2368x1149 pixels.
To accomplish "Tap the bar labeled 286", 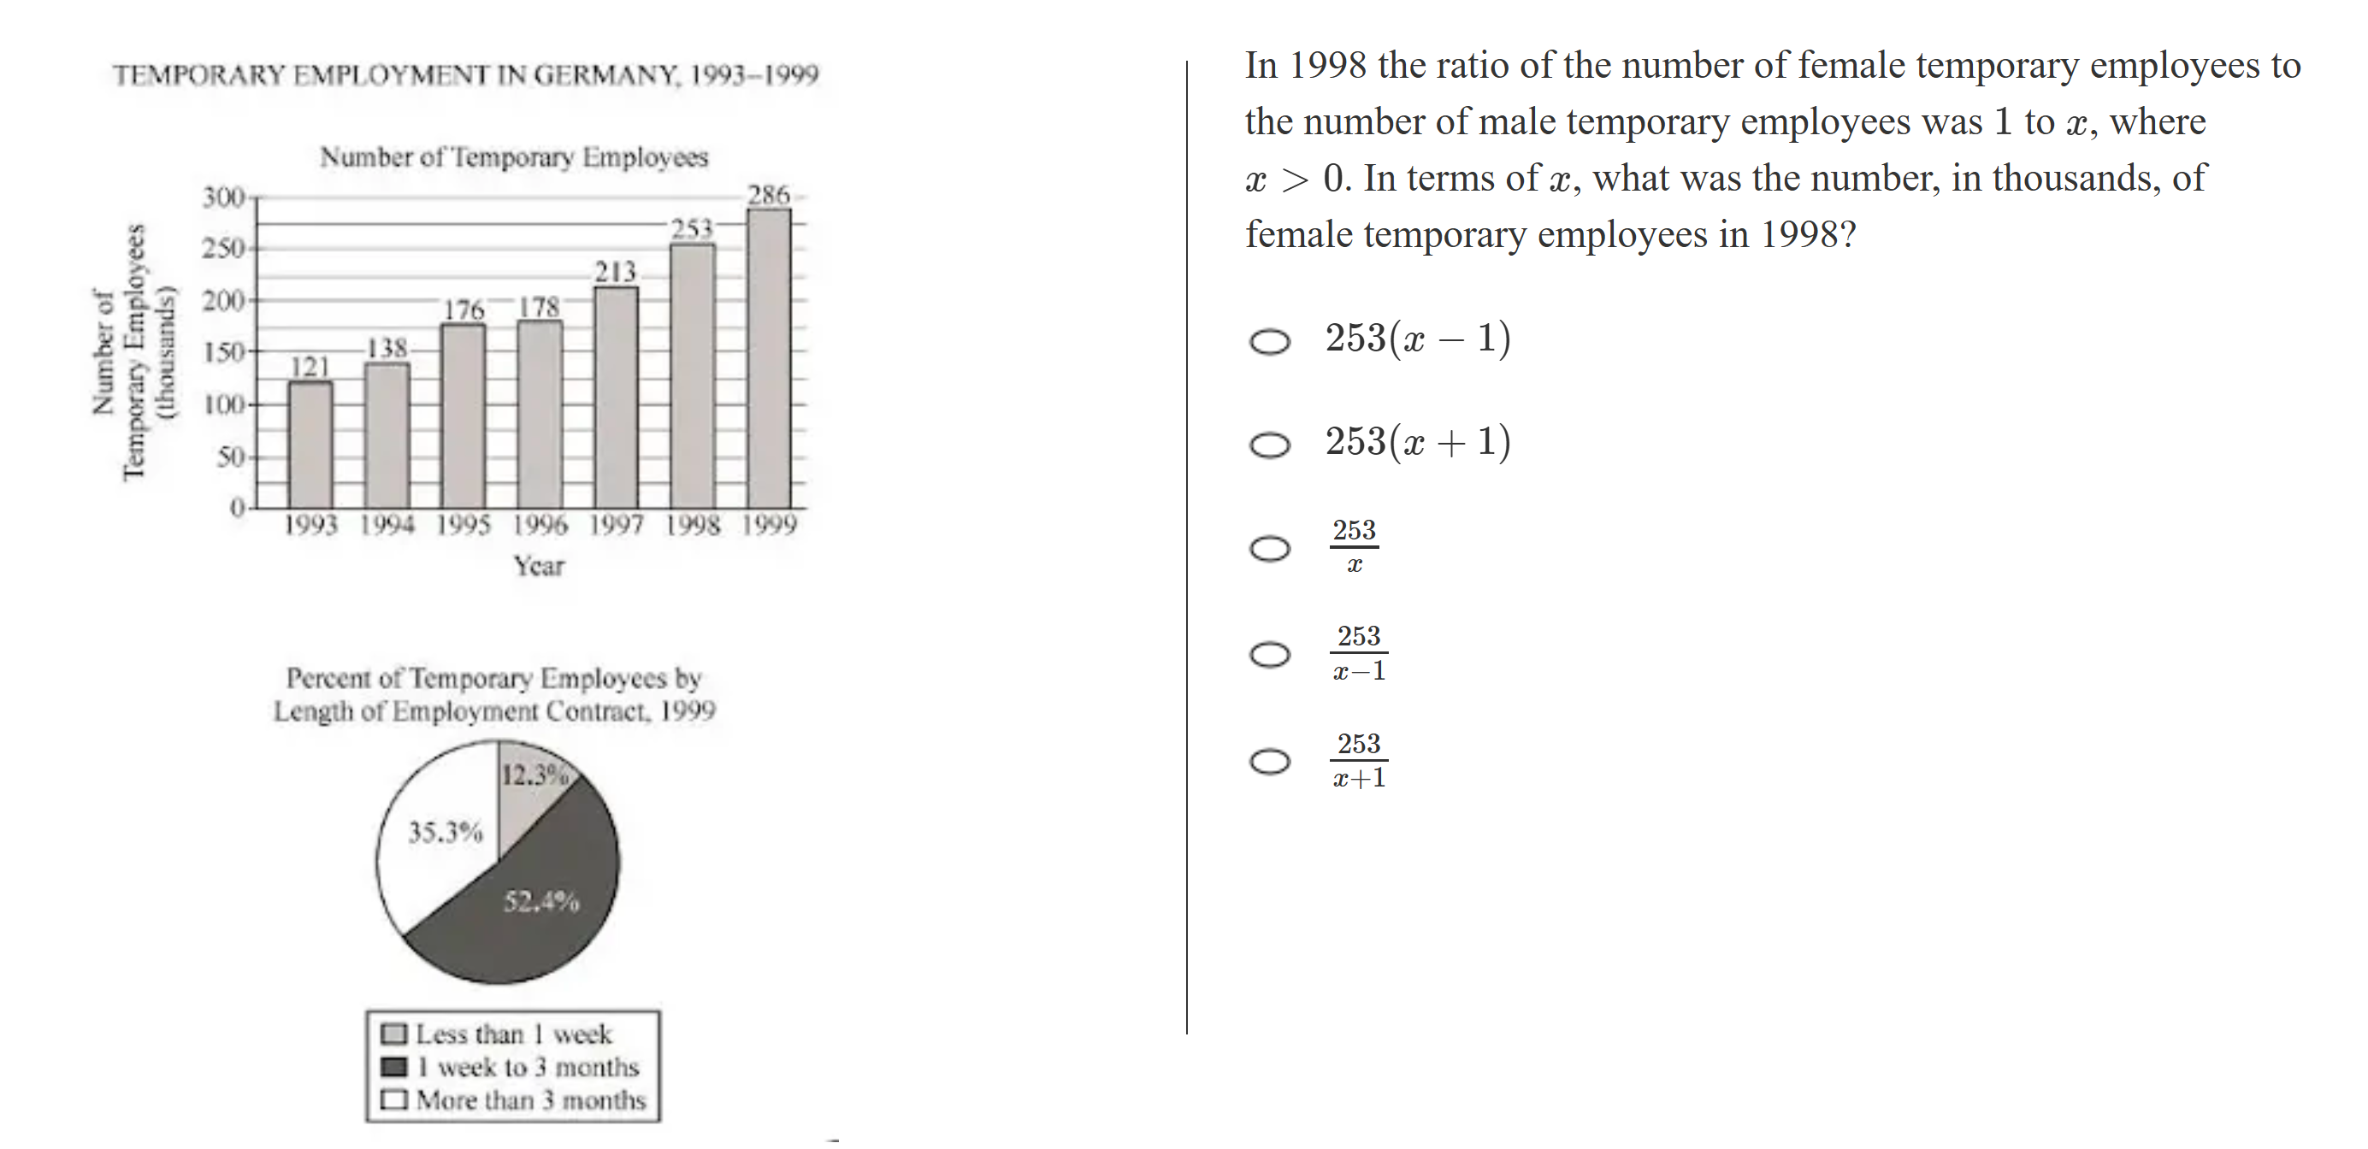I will [769, 358].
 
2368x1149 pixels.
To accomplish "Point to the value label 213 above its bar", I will [615, 272].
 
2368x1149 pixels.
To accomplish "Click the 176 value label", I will [464, 309].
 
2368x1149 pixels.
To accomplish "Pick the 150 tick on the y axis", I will [223, 352].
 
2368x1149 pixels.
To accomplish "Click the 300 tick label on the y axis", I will [223, 197].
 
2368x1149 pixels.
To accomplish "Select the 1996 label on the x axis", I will [540, 525].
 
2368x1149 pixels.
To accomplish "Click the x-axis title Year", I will [539, 566].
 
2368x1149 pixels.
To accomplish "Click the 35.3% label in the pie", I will [445, 833].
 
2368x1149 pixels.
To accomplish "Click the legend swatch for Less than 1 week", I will [393, 1034].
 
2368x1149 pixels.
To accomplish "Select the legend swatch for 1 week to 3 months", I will [393, 1067].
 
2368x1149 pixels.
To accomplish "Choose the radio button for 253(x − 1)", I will [1269, 342].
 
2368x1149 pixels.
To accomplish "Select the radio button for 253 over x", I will [1269, 549].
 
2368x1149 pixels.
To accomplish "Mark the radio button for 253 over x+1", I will [1269, 761].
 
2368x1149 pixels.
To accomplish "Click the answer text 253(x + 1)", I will [1416, 442].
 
